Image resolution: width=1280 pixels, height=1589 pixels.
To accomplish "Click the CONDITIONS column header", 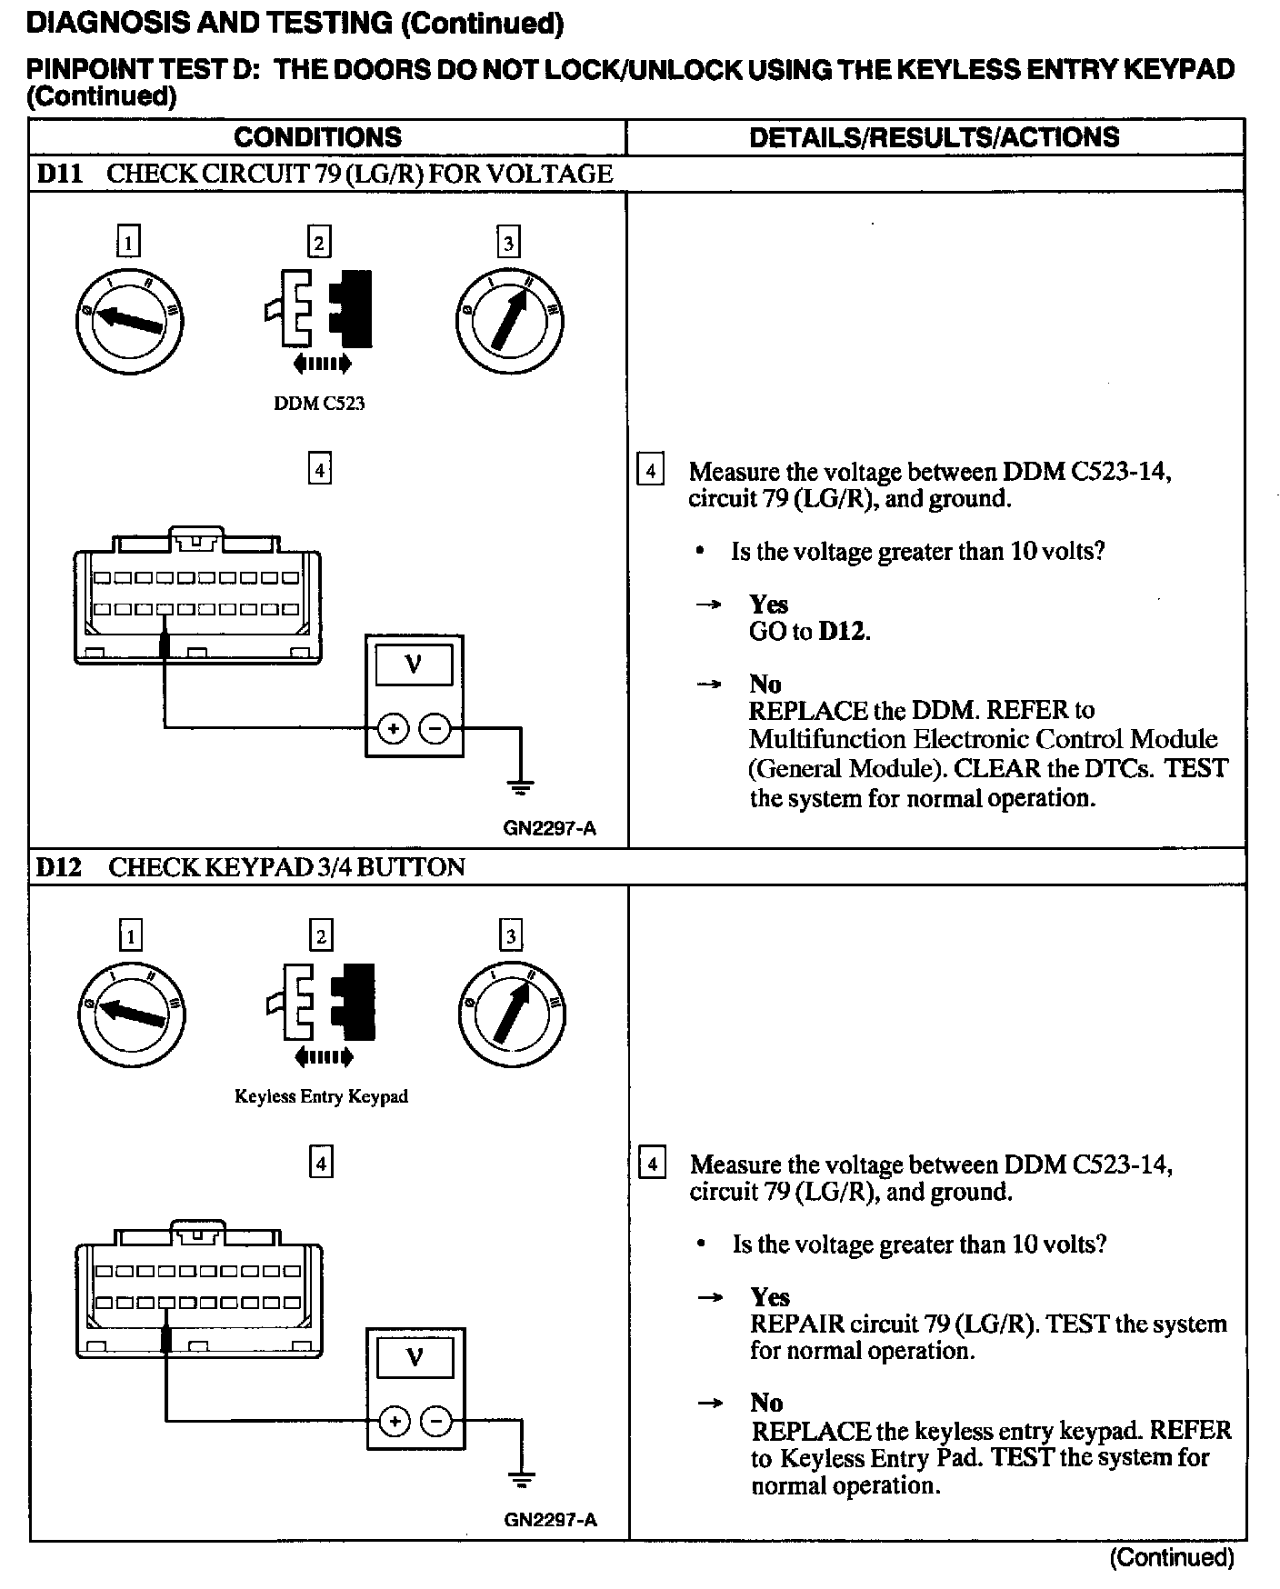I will coord(317,137).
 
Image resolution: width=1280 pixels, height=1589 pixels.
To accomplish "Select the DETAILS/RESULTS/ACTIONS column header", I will coord(934,137).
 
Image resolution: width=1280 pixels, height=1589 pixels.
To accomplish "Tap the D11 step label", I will coord(59,174).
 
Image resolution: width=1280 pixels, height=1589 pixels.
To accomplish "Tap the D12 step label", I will coord(59,867).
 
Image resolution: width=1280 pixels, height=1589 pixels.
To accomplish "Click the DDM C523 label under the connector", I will coord(319,404).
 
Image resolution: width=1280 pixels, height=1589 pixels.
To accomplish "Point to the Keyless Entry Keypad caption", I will coord(321,1096).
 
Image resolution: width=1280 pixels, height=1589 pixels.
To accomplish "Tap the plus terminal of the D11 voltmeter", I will coord(393,728).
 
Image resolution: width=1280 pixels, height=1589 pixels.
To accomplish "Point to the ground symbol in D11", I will coord(520,786).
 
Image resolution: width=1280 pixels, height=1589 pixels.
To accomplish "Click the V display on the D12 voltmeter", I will coord(415,1358).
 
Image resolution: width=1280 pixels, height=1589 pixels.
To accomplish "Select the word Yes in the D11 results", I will coord(768,605).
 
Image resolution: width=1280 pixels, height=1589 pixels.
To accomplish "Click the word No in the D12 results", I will coord(766,1403).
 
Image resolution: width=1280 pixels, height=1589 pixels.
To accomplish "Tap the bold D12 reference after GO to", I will coord(843,632).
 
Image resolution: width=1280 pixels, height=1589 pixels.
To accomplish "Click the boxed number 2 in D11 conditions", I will coord(318,243).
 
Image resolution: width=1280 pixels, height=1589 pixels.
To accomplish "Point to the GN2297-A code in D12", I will coord(550,1520).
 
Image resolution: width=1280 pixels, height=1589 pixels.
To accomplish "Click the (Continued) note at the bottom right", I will coord(1171,1558).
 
